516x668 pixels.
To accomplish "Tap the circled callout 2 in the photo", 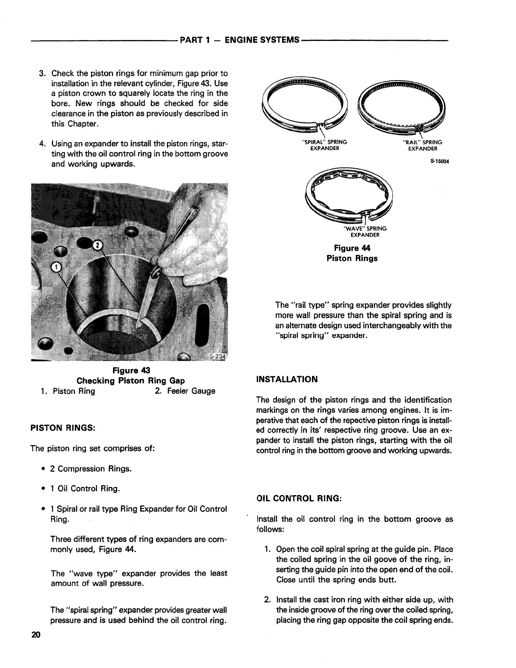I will pyautogui.click(x=97, y=245).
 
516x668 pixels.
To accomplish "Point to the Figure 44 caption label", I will pyautogui.click(x=352, y=248).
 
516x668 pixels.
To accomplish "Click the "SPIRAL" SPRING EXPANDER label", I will pyautogui.click(x=322, y=145).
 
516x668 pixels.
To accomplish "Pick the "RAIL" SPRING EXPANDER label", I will pyautogui.click(x=422, y=145).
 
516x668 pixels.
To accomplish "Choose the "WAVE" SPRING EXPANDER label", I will pyautogui.click(x=365, y=232).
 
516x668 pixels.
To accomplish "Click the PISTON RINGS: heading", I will pyautogui.click(x=63, y=428).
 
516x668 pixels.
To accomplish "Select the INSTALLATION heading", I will pyautogui.click(x=287, y=379).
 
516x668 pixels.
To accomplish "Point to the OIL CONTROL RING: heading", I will pyautogui.click(x=299, y=498).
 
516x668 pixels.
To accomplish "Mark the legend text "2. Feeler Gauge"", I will pyautogui.click(x=185, y=391).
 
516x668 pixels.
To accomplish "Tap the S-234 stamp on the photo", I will pyautogui.click(x=218, y=356).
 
